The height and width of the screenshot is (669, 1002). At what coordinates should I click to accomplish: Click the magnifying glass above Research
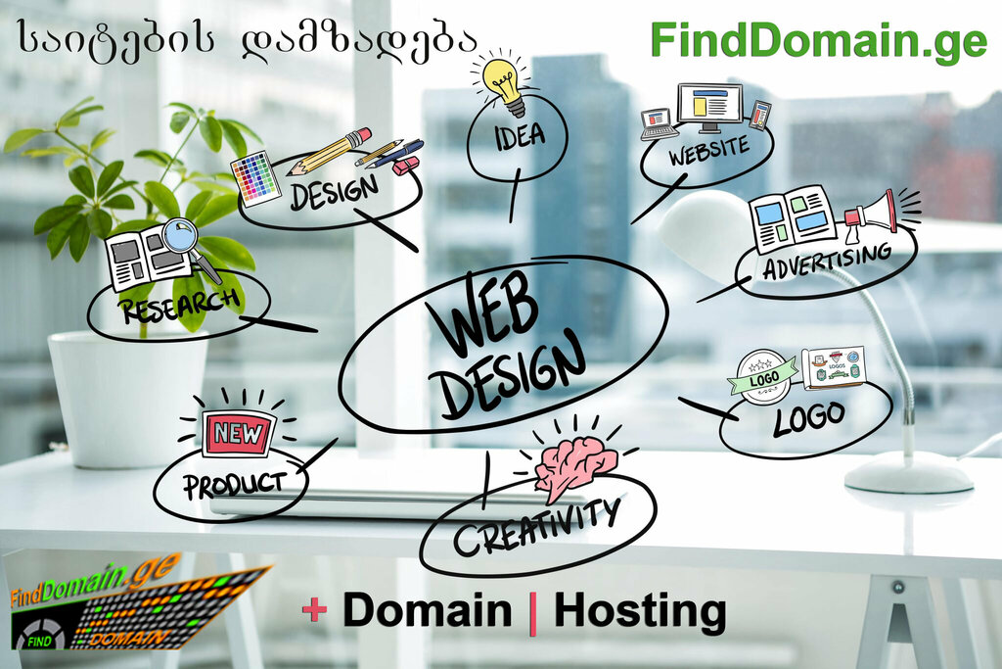point(180,236)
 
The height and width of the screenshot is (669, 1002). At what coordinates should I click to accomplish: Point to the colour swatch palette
point(255,177)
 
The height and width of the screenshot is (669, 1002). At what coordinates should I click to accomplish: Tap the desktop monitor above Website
point(709,105)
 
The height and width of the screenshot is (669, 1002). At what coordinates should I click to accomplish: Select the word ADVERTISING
point(828,261)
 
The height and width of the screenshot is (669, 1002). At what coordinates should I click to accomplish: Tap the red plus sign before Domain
point(314,610)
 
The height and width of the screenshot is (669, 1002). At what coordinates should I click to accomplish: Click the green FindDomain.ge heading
point(819,40)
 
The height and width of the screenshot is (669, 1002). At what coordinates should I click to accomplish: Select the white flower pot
point(127,397)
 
